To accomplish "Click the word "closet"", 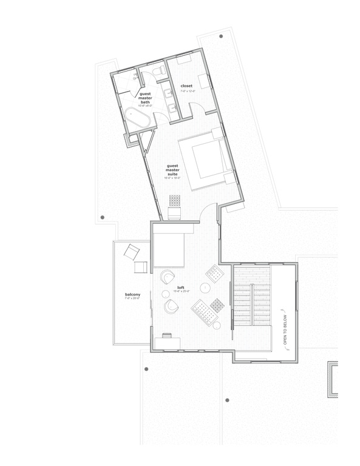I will tap(186, 86).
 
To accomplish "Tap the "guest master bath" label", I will tap(145, 98).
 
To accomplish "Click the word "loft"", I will tap(180, 287).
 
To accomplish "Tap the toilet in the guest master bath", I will tap(159, 72).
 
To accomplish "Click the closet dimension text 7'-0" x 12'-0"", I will tap(186, 92).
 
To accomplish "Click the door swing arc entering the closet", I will tap(197, 109).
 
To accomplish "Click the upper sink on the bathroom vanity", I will tap(167, 95).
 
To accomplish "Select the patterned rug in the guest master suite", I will tap(175, 200).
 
